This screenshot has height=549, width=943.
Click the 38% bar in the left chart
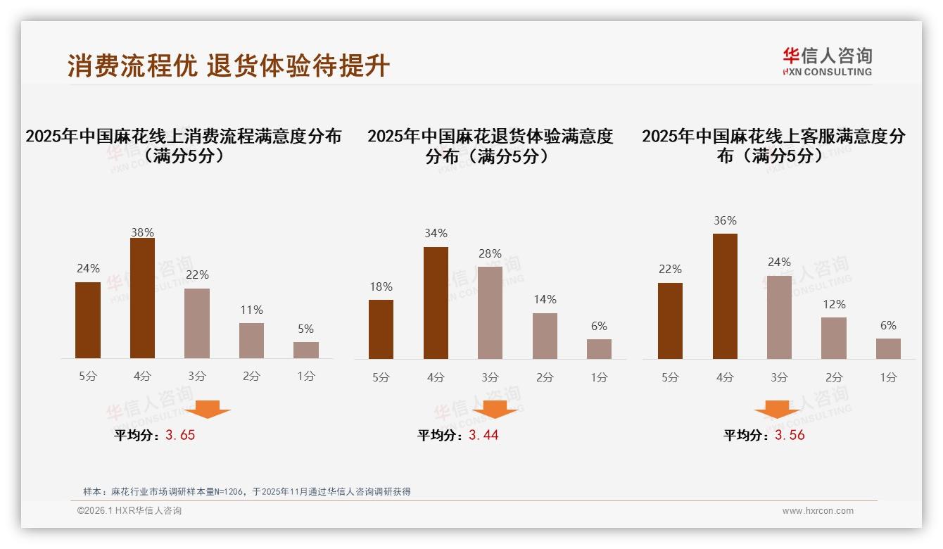[x=142, y=298]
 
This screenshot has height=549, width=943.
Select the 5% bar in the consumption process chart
[x=305, y=350]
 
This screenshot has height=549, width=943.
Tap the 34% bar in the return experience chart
[x=436, y=303]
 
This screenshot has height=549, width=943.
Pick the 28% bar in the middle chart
[x=490, y=313]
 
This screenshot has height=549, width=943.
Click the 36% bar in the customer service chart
[x=725, y=296]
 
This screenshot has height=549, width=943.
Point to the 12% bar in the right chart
[x=834, y=338]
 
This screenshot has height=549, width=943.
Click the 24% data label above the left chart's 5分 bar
[x=88, y=268]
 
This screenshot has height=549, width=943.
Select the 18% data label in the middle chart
[x=381, y=286]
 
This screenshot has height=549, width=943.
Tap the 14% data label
[x=545, y=299]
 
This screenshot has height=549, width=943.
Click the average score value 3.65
[x=180, y=435]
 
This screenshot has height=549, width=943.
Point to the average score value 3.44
[x=483, y=435]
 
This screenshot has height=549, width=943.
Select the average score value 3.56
[x=790, y=435]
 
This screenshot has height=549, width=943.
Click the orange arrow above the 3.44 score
[x=495, y=409]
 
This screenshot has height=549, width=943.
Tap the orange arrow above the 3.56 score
[x=777, y=409]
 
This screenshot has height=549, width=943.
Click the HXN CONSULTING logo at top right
[x=827, y=61]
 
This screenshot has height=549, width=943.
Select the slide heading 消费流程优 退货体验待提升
[x=229, y=65]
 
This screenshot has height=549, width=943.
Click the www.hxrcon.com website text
[x=818, y=511]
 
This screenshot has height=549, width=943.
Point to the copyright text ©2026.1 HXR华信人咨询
[x=129, y=511]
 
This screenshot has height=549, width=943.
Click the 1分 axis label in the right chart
[x=888, y=377]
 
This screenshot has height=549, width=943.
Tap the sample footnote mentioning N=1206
[x=246, y=491]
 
